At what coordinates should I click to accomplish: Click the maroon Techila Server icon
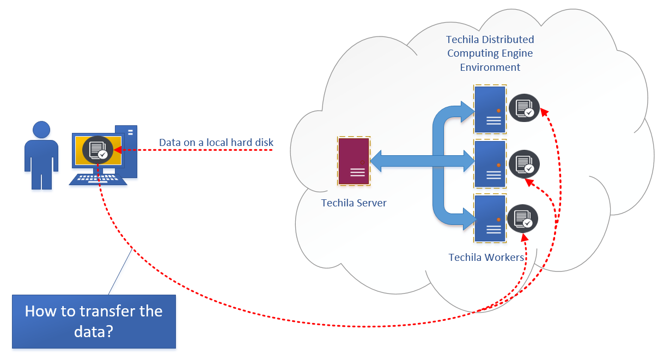click(354, 161)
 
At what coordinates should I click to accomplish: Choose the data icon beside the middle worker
click(524, 164)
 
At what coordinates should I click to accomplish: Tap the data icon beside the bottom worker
click(522, 219)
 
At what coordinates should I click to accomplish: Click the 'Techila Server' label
click(354, 203)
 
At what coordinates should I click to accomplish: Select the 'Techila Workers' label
click(486, 257)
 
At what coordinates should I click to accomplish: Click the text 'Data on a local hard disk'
click(216, 143)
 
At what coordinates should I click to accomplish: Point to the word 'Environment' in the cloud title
click(490, 68)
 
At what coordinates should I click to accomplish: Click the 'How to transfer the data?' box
click(94, 321)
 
